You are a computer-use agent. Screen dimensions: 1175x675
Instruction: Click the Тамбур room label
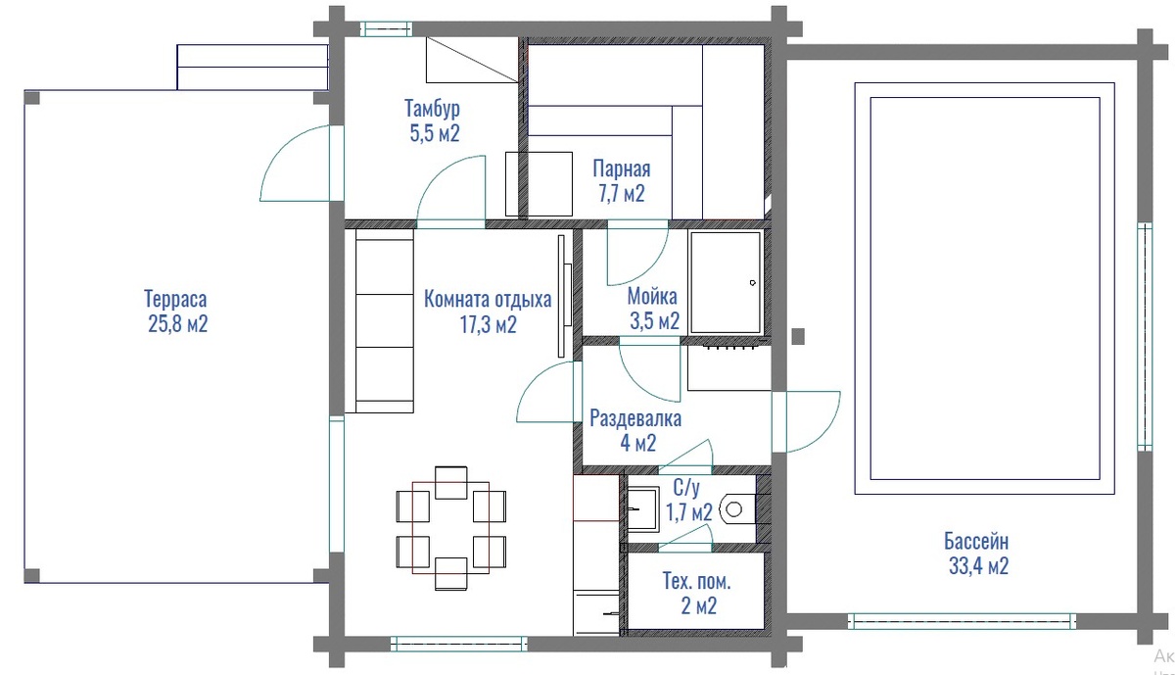pyautogui.click(x=432, y=108)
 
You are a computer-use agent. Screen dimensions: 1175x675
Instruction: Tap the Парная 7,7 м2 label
pyautogui.click(x=622, y=181)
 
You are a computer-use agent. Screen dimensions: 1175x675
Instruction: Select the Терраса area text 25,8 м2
pyautogui.click(x=178, y=324)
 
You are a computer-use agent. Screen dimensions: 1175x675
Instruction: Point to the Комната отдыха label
pyautogui.click(x=488, y=299)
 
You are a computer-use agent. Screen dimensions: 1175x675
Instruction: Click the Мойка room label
pyautogui.click(x=652, y=297)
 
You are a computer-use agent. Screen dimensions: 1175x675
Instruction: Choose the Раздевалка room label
pyautogui.click(x=635, y=418)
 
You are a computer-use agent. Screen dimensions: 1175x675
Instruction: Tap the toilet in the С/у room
pyautogui.click(x=737, y=509)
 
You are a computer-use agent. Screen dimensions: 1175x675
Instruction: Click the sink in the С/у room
pyautogui.click(x=643, y=508)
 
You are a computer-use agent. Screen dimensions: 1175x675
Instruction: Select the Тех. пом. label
pyautogui.click(x=696, y=582)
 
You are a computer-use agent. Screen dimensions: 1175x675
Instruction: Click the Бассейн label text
pyautogui.click(x=976, y=541)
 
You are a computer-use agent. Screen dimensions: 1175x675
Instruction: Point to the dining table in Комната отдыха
pyautogui.click(x=450, y=528)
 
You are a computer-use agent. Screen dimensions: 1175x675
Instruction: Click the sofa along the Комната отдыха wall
pyautogui.click(x=385, y=320)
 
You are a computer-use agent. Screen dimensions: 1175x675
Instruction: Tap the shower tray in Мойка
pyautogui.click(x=726, y=283)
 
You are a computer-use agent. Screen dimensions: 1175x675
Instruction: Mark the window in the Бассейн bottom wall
pyautogui.click(x=962, y=621)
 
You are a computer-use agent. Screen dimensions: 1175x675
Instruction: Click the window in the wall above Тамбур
pyautogui.click(x=386, y=28)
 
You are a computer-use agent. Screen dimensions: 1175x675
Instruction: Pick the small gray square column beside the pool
pyautogui.click(x=798, y=336)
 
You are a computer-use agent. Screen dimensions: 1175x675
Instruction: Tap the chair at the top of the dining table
pyautogui.click(x=450, y=482)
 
